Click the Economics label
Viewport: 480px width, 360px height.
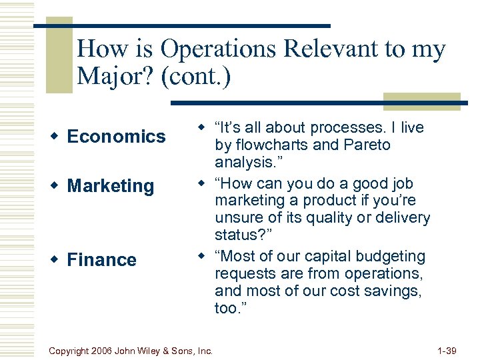click(x=116, y=137)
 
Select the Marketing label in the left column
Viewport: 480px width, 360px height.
click(x=111, y=186)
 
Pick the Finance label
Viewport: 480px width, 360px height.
click(x=101, y=260)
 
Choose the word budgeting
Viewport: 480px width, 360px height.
click(x=393, y=256)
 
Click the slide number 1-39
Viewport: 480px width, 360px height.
click(x=446, y=350)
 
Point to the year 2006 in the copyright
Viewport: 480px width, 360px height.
click(x=102, y=350)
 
